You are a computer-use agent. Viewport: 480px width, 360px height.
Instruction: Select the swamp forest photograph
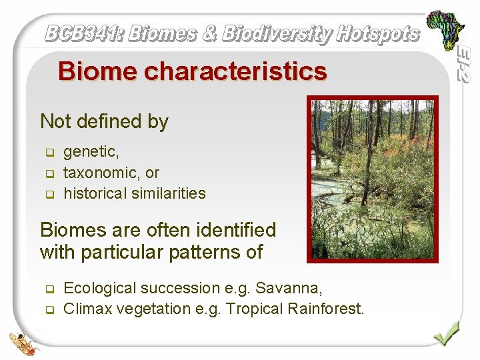[x=373, y=178]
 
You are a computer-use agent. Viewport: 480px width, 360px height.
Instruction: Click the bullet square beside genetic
[x=49, y=153]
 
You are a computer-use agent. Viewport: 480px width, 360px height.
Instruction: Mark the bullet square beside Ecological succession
[x=49, y=289]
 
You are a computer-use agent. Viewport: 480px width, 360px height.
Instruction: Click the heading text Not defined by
[x=104, y=121]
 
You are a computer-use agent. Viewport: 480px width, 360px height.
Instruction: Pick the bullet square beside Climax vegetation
[x=49, y=309]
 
